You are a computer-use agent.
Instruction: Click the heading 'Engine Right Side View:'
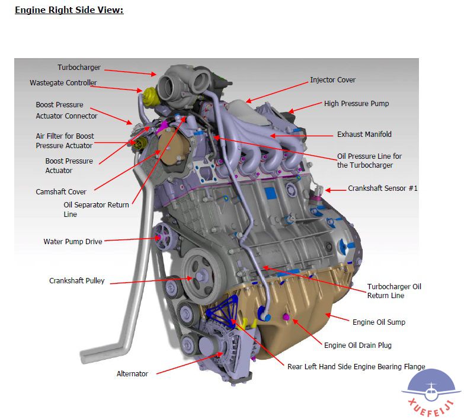click(69, 10)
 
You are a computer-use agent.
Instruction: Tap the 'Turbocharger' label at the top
click(79, 68)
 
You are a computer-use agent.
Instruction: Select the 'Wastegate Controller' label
click(63, 83)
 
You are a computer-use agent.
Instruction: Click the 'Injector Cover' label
click(333, 80)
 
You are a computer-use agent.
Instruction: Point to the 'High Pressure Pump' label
click(356, 104)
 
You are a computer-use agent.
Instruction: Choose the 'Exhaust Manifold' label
click(364, 135)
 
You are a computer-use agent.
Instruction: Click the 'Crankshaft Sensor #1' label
click(383, 188)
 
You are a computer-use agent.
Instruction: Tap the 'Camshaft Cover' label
click(61, 192)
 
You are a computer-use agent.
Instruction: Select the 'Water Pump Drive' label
click(73, 242)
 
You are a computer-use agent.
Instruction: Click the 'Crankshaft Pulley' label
click(76, 281)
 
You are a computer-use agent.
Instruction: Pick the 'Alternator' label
click(132, 374)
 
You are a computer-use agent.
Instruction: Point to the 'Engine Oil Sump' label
click(379, 323)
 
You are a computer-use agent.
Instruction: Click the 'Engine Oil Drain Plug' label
click(358, 346)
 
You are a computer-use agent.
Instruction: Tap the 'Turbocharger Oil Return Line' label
click(394, 291)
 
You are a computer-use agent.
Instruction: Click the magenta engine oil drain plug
click(286, 318)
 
